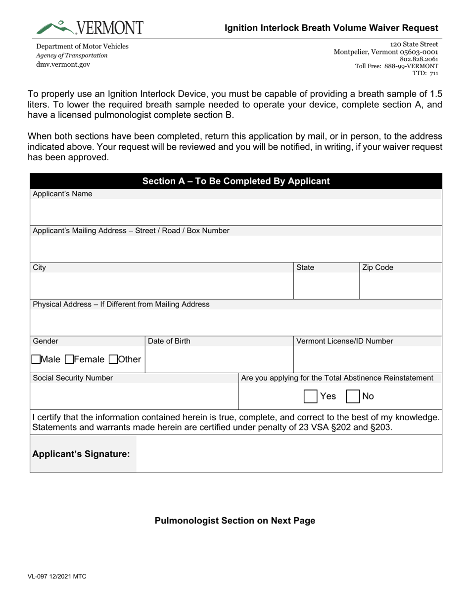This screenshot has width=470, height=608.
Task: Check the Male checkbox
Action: (36, 359)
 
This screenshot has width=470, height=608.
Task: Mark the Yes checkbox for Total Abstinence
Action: (310, 396)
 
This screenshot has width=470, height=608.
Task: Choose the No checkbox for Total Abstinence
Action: (353, 396)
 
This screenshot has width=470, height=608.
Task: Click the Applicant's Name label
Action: (62, 194)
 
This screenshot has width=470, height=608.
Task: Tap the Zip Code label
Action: (377, 267)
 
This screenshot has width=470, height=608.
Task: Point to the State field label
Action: (305, 267)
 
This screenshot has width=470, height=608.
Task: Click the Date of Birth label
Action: (169, 341)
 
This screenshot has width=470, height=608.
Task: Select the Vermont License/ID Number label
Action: (345, 341)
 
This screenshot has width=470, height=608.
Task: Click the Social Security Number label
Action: (73, 378)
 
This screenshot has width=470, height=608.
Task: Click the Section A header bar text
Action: (236, 181)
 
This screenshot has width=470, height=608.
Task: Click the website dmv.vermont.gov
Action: (63, 64)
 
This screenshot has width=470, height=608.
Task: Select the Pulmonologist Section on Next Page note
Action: (235, 521)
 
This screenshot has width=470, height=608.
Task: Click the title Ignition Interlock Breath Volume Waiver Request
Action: (331, 28)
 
